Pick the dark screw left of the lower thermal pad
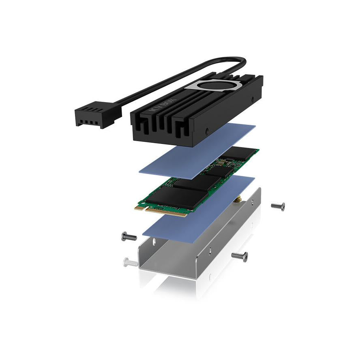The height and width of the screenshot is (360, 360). tap(129, 236)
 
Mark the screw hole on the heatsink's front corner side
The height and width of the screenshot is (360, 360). tap(207, 131)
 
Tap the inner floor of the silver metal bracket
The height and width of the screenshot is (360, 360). tap(195, 251)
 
